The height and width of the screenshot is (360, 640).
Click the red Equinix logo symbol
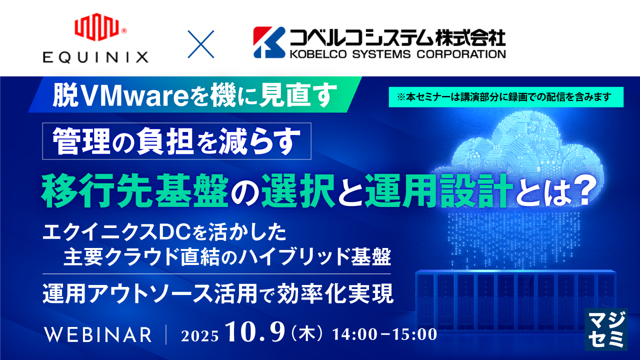pos(96,28)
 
